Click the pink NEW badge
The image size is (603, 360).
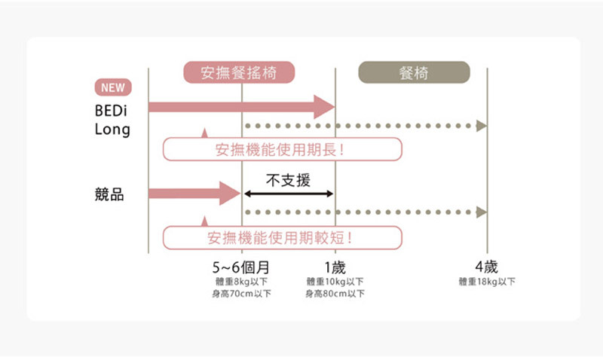tap(112, 87)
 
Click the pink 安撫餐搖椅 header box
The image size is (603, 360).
tap(239, 72)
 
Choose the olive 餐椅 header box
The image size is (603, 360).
tap(414, 72)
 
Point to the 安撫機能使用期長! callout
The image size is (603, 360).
tap(282, 149)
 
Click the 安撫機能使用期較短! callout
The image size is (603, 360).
tap(282, 238)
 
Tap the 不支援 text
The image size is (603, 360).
tap(289, 180)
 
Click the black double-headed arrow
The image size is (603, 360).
tap(289, 194)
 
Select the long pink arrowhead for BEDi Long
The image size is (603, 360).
tap(325, 107)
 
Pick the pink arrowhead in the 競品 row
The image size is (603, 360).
tap(230, 194)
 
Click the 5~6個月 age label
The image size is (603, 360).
tap(241, 267)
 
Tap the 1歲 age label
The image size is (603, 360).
tap(334, 267)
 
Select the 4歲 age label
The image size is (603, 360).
tap(486, 267)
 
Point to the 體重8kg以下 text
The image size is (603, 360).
tap(242, 282)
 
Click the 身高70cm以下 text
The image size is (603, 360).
tap(242, 294)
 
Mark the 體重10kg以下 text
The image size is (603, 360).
tap(335, 282)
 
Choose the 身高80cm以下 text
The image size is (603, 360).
tap(335, 294)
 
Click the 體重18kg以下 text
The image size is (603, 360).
tap(487, 282)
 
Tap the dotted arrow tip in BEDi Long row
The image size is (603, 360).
tap(481, 125)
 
